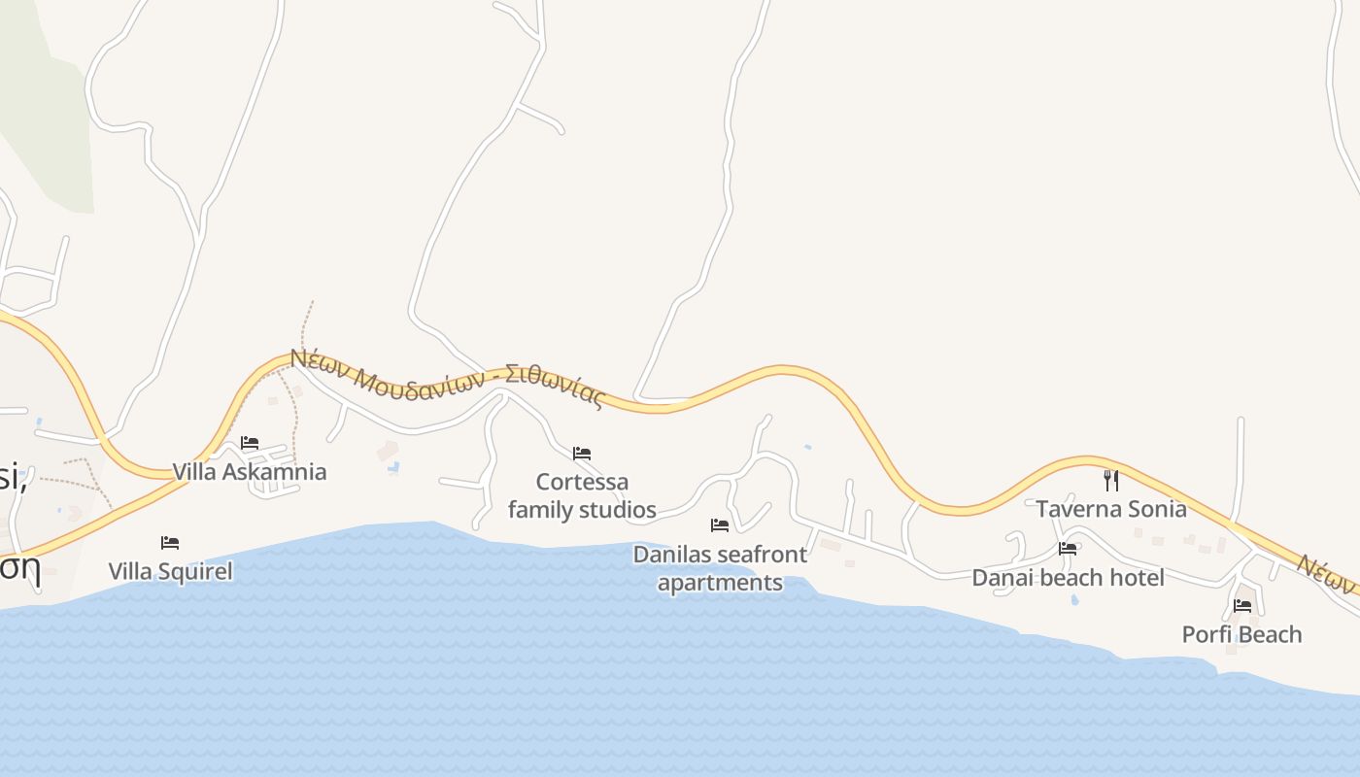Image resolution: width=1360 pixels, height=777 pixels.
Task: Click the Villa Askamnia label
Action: pyautogui.click(x=249, y=472)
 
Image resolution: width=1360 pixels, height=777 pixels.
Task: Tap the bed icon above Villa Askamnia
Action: pyautogui.click(x=250, y=443)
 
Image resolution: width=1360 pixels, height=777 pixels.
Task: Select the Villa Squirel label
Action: pyautogui.click(x=170, y=571)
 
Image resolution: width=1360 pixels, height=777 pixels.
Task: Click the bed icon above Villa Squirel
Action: pyautogui.click(x=170, y=542)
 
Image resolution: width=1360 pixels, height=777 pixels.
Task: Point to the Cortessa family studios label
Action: pyautogui.click(x=582, y=495)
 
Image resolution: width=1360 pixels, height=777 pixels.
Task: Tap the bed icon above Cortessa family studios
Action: pyautogui.click(x=582, y=453)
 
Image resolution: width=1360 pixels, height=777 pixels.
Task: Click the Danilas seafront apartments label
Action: pyautogui.click(x=720, y=568)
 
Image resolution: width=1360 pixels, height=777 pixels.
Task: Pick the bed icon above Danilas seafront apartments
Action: pyautogui.click(x=720, y=525)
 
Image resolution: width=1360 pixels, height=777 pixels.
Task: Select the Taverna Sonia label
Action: pyautogui.click(x=1110, y=509)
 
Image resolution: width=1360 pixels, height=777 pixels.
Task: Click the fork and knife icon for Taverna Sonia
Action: pyautogui.click(x=1111, y=480)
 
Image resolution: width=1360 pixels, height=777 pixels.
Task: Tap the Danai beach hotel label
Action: pyautogui.click(x=1068, y=578)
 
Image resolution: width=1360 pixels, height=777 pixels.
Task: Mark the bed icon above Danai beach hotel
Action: pyautogui.click(x=1068, y=549)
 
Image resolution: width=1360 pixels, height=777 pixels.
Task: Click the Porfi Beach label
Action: pyautogui.click(x=1241, y=634)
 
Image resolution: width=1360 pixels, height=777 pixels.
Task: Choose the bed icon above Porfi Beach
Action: pyautogui.click(x=1242, y=606)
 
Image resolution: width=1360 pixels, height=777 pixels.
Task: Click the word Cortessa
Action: pyautogui.click(x=582, y=482)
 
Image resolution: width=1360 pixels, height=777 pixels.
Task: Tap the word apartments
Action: pyautogui.click(x=720, y=583)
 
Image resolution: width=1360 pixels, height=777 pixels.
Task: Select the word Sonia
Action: pyautogui.click(x=1155, y=509)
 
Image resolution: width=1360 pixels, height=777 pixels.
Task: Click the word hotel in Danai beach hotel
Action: pyautogui.click(x=1135, y=578)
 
